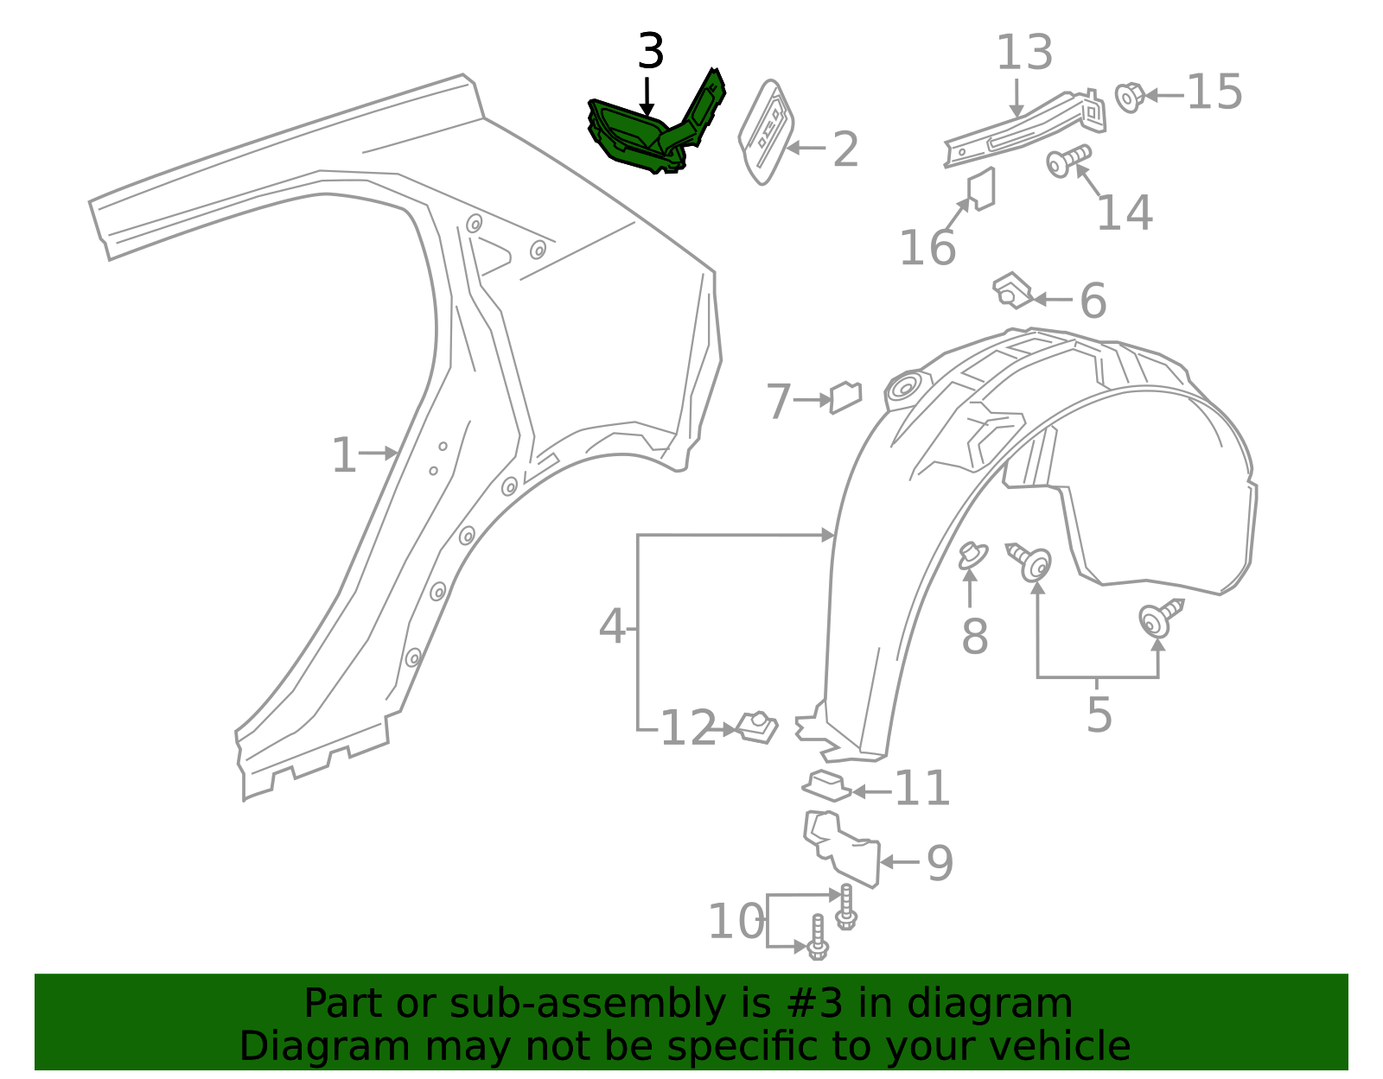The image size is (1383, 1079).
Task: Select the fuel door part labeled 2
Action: point(767,131)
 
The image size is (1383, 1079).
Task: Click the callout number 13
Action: point(1024,54)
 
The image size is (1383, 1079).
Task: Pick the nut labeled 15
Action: point(1129,97)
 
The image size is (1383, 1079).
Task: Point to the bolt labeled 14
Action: point(1068,161)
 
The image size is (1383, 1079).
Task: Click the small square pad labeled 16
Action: point(982,190)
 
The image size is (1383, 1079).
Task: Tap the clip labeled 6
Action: point(1012,290)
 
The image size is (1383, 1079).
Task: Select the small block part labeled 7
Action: point(845,397)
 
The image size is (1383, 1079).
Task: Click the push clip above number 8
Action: point(972,555)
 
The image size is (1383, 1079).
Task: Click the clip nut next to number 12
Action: point(757,727)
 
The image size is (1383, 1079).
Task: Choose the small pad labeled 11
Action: point(826,785)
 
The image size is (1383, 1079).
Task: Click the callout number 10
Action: point(736,922)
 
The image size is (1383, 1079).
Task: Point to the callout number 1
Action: point(344,455)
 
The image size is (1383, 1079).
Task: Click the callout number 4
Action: point(612,627)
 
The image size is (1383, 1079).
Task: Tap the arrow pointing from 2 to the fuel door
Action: point(806,149)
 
